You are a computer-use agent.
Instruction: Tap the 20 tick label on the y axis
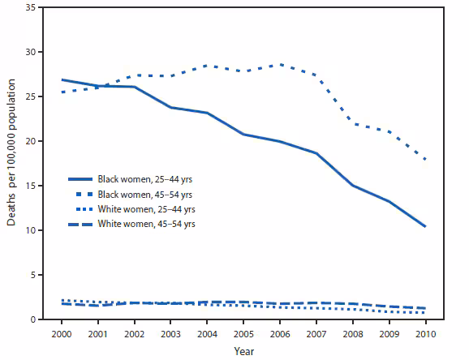30,142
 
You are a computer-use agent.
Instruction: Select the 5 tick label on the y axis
32,276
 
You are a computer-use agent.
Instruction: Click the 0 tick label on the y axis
32,320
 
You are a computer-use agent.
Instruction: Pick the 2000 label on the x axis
62,333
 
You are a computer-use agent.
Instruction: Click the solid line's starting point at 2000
62,80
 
